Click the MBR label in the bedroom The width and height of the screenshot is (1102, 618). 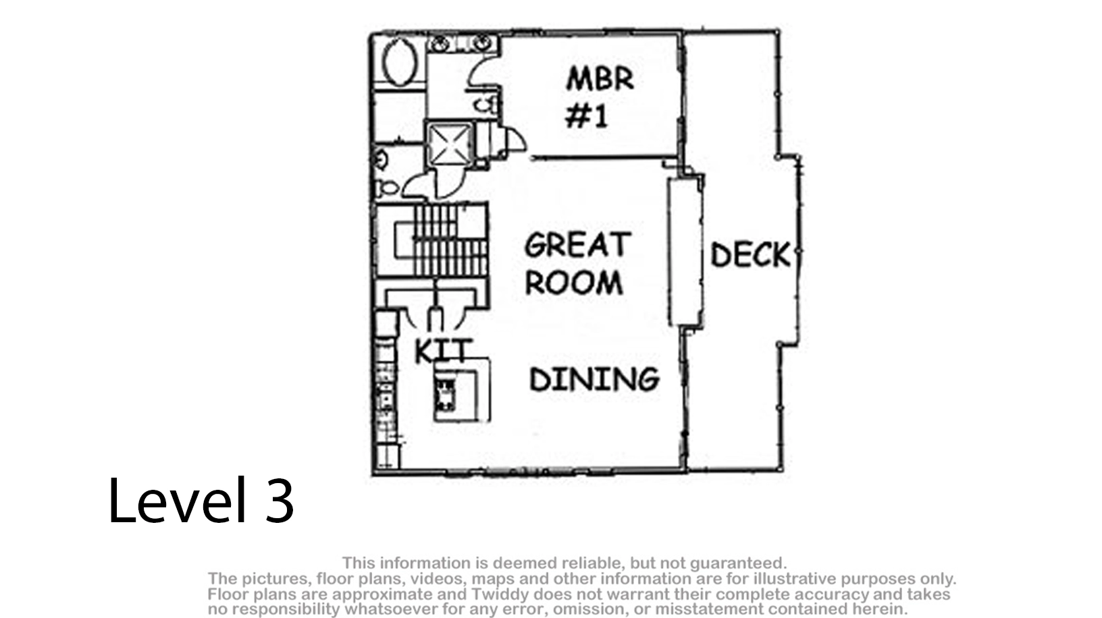tap(600, 79)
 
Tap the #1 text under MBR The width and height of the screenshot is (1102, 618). tap(587, 117)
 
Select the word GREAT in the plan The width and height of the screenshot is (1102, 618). tap(577, 244)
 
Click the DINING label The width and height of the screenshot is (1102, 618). tap(594, 379)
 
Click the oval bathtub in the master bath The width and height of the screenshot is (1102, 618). tap(400, 62)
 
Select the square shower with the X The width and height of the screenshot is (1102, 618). tap(449, 144)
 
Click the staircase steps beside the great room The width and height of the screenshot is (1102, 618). tap(450, 241)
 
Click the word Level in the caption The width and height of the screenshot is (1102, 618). tap(177, 500)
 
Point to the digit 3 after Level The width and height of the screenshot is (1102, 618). tap(280, 501)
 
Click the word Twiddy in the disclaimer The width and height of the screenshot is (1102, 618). tap(493, 594)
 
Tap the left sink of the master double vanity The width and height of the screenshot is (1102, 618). tap(440, 43)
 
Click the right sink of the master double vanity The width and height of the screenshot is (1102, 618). tap(481, 43)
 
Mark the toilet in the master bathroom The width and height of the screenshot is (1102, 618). tap(486, 105)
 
